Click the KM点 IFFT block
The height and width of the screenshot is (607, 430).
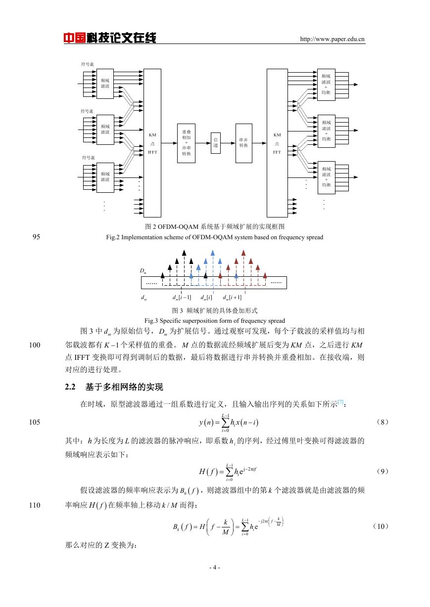[152, 143]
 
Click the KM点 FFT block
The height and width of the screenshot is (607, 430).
[277, 143]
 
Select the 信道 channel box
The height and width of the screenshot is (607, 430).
[216, 143]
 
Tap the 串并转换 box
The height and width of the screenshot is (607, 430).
[243, 143]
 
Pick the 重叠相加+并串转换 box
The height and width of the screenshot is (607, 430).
[186, 143]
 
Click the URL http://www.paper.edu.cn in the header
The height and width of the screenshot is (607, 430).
[332, 39]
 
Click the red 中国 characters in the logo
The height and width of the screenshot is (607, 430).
[75, 38]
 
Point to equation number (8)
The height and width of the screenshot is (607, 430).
[382, 422]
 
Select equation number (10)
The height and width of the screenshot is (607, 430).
[381, 526]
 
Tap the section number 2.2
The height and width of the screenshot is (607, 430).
[70, 387]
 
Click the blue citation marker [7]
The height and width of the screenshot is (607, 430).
[340, 401]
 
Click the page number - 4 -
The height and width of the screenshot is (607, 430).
[215, 567]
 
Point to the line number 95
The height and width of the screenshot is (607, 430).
[36, 237]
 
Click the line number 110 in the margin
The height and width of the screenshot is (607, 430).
[35, 505]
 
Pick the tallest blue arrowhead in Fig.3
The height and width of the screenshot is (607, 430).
[213, 253]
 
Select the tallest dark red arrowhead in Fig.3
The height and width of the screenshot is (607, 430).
[243, 253]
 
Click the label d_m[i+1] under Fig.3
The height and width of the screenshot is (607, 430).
[232, 298]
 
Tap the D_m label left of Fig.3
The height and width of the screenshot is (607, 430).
[143, 271]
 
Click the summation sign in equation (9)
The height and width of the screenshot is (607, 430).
[230, 472]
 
